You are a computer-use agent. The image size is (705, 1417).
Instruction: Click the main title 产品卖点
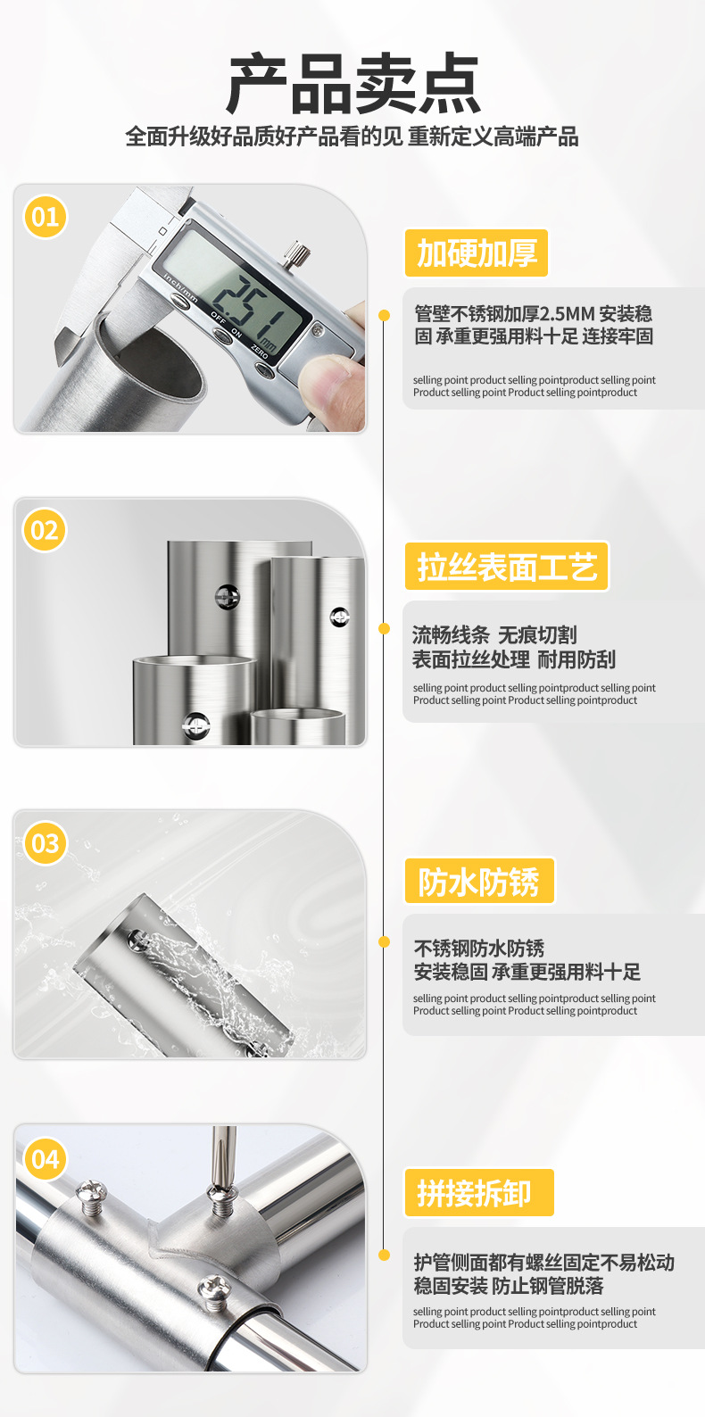353,84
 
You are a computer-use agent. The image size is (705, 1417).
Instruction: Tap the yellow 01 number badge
45,217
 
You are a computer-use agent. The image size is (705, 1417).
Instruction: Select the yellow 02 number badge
45,530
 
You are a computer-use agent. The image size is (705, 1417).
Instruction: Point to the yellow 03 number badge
45,843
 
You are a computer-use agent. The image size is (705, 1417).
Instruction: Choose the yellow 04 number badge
45,1159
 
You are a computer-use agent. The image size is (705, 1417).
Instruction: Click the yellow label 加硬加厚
476,253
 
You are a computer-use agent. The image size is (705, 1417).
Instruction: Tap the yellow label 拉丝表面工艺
506,566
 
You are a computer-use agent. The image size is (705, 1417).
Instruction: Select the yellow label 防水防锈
479,881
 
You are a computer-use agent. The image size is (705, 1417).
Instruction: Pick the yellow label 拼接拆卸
478,1193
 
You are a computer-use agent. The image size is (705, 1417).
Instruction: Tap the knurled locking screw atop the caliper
294,253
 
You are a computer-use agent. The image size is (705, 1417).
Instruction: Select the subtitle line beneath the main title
352,137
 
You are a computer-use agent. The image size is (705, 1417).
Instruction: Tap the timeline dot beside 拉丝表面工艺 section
384,628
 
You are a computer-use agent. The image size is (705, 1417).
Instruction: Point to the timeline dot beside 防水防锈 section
384,942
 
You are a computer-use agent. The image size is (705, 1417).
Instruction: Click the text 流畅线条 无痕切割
494,635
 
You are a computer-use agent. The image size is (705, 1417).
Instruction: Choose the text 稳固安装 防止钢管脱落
508,1286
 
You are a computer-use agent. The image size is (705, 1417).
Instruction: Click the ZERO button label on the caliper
260,352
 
